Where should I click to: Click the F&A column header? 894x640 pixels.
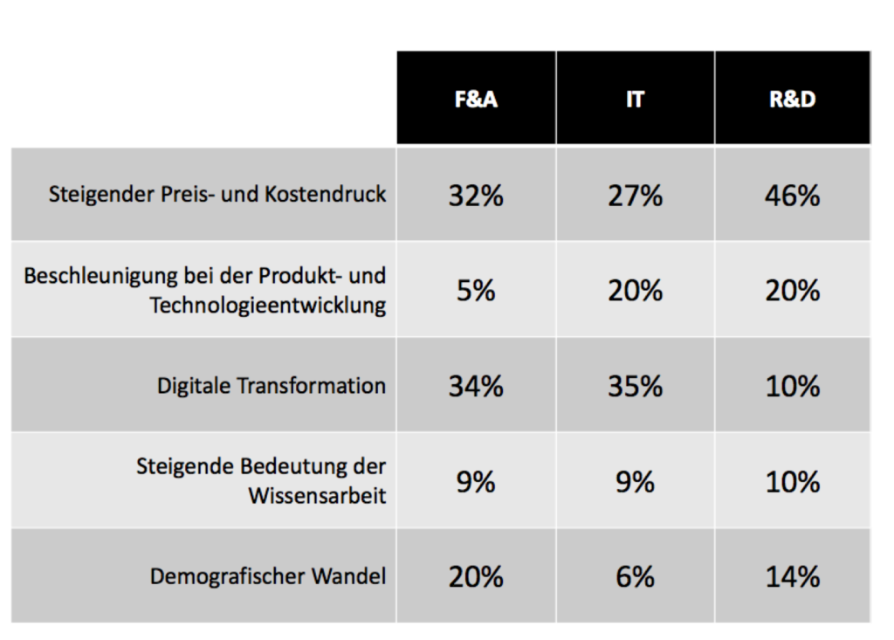(476, 100)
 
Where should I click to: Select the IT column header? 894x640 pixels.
(635, 100)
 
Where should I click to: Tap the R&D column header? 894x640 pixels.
(792, 100)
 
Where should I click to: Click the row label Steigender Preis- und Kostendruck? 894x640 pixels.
(217, 194)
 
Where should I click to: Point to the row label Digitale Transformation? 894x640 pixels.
(272, 386)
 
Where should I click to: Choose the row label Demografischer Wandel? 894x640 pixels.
(268, 576)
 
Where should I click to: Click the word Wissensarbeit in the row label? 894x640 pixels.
(317, 496)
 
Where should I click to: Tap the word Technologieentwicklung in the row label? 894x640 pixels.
(268, 306)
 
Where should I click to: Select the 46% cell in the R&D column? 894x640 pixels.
(792, 196)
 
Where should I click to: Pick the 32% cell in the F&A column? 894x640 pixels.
(476, 196)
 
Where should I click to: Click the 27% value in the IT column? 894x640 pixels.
(635, 196)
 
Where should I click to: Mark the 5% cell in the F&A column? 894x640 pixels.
(476, 291)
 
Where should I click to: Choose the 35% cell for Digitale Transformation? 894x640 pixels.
(635, 386)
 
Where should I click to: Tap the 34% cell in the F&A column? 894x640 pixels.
(476, 386)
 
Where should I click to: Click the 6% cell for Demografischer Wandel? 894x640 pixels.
(635, 576)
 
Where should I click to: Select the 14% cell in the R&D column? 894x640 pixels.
(792, 576)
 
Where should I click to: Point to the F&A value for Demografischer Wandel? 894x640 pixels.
(476, 576)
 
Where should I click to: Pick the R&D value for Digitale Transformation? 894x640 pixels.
(792, 386)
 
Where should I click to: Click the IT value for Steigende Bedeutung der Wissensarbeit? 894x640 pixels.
(635, 481)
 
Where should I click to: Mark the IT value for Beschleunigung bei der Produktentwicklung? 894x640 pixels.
(635, 291)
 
